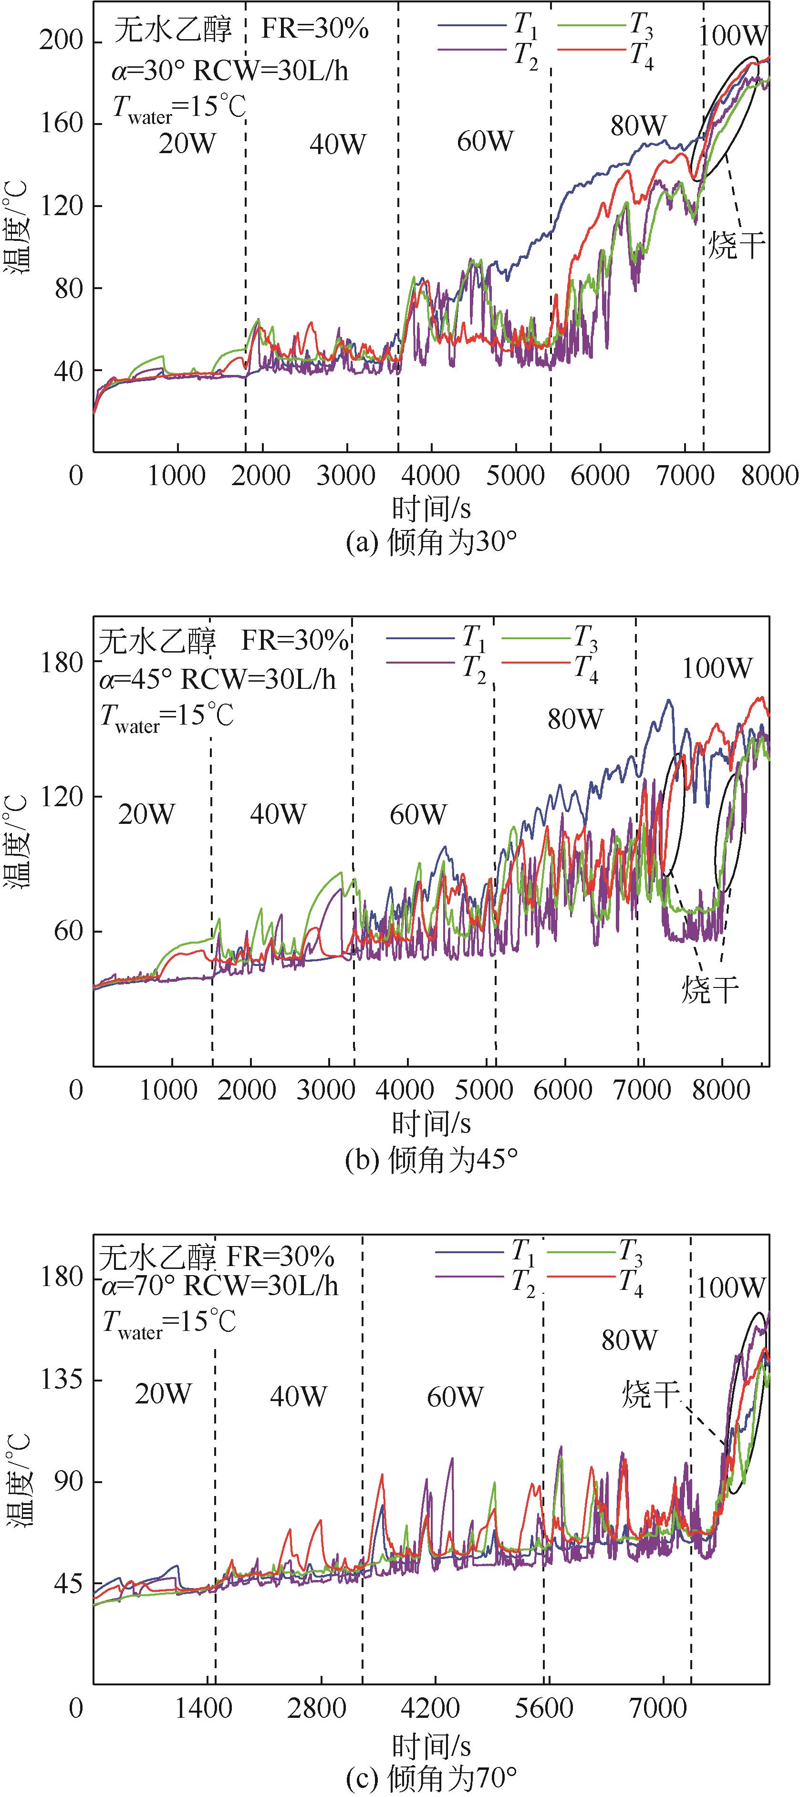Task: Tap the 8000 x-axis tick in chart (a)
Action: click(x=770, y=477)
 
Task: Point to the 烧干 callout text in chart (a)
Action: click(x=737, y=246)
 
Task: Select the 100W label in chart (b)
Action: click(x=717, y=668)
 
